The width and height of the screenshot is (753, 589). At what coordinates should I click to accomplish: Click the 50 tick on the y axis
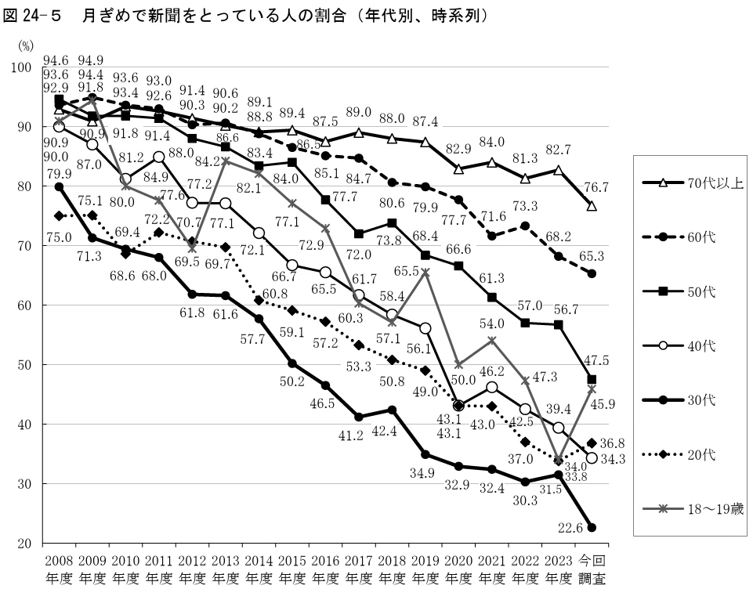(24, 365)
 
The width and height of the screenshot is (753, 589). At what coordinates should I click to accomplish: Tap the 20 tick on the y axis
(24, 544)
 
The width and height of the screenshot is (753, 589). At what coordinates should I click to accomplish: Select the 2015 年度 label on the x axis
(291, 569)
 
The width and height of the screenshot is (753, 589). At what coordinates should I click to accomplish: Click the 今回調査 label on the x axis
(592, 569)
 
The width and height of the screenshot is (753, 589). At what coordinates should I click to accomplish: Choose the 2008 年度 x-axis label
(59, 569)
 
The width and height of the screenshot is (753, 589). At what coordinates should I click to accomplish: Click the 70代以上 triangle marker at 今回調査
(592, 206)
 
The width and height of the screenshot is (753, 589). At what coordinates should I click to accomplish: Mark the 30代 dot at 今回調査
(592, 527)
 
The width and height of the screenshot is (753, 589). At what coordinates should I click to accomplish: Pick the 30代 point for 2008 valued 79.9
(59, 186)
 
